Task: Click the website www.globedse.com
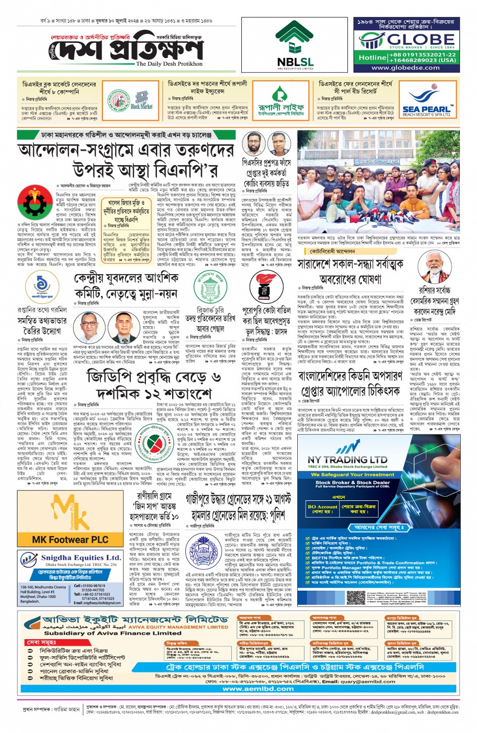point(405,67)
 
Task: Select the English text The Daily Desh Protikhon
point(169,64)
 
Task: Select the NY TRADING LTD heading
point(347,460)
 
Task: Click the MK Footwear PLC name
point(70,540)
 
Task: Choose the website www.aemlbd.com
point(258,689)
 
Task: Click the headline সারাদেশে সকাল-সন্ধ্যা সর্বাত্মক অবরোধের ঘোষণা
point(350,271)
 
